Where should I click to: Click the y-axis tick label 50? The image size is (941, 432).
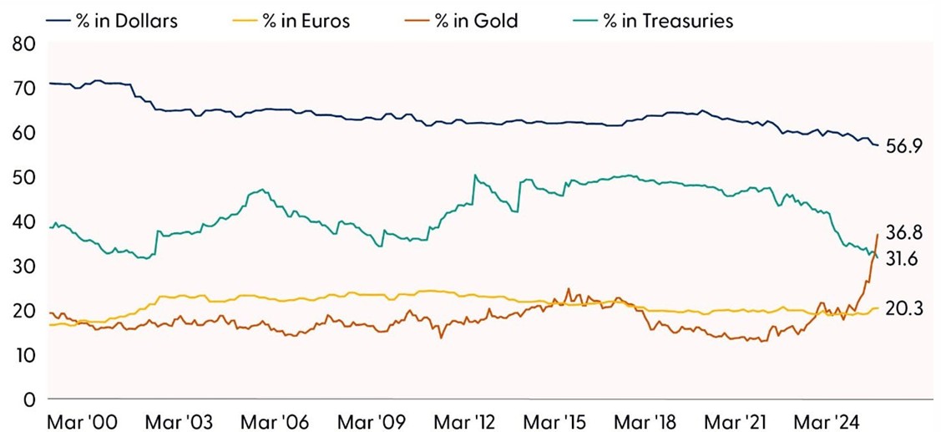click(x=23, y=177)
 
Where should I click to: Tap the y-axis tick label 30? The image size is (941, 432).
click(x=23, y=266)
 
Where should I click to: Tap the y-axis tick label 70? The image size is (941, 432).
click(x=23, y=88)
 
